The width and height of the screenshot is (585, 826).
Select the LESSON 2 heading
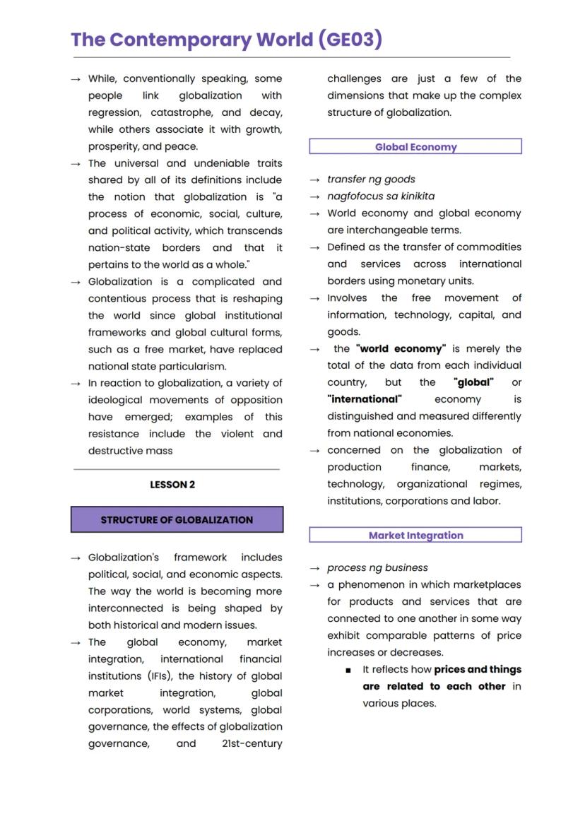click(172, 485)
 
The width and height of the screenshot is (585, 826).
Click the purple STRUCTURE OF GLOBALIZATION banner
click(177, 519)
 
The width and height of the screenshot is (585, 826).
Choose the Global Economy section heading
click(415, 147)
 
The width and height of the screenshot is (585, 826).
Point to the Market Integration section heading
click(415, 536)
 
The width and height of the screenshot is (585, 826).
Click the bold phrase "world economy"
click(401, 349)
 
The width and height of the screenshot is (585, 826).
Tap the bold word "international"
click(364, 400)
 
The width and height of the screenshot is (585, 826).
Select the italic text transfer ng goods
click(371, 179)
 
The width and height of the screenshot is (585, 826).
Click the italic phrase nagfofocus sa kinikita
click(381, 196)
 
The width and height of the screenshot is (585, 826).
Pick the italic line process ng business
click(377, 568)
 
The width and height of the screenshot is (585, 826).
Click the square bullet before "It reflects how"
click(348, 670)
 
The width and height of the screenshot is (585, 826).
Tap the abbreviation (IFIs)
click(103, 676)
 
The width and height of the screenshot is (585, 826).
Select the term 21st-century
click(252, 744)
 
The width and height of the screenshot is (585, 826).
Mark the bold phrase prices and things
click(478, 670)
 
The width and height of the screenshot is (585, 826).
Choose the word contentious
click(118, 299)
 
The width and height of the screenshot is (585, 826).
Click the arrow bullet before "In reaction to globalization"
click(76, 384)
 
